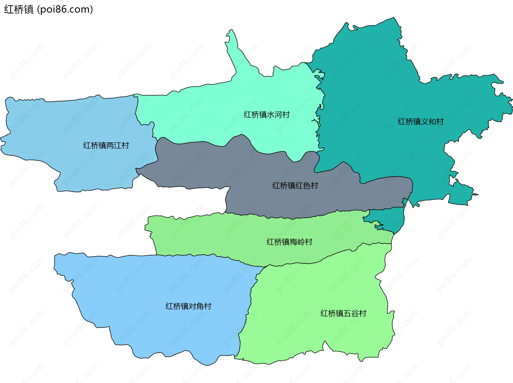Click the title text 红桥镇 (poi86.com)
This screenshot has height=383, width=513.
[48, 9]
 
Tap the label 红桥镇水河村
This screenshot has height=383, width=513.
[266, 115]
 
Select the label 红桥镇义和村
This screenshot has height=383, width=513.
[421, 122]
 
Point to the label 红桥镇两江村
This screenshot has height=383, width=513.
[106, 145]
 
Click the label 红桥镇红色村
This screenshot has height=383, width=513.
[295, 185]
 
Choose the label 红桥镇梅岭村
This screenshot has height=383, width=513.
[289, 242]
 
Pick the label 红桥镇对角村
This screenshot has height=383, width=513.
[188, 306]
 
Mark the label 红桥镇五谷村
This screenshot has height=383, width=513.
[343, 313]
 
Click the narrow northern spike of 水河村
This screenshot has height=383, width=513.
[232, 43]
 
